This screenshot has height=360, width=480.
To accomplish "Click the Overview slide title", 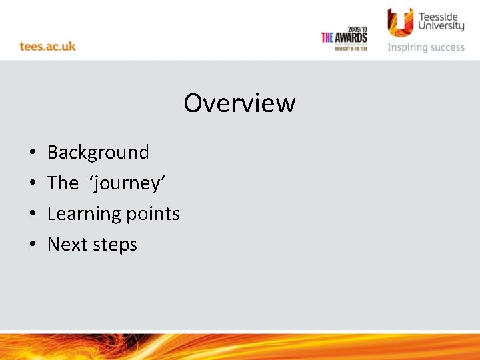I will [x=239, y=103].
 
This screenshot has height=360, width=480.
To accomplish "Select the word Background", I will [x=98, y=153].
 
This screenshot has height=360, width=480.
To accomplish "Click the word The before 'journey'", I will [x=63, y=183].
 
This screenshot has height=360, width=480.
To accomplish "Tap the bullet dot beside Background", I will [x=33, y=153].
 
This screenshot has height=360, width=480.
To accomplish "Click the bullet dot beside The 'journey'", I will [x=33, y=184].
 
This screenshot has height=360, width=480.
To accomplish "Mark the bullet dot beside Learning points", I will [x=33, y=215].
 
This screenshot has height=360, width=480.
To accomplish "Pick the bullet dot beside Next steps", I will [x=33, y=245].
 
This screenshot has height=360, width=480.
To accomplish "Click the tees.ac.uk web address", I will [x=47, y=46].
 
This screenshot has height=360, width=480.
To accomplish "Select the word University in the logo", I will [x=441, y=27].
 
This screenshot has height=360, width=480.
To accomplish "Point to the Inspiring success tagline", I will [x=426, y=47].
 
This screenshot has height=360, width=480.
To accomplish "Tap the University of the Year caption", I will [x=351, y=49].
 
